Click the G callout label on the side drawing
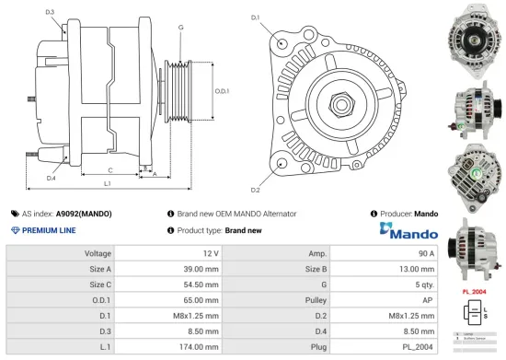181,28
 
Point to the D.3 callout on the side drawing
50,12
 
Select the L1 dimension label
108,185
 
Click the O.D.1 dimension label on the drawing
221,91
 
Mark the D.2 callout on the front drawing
255,191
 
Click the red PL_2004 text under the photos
473,292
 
